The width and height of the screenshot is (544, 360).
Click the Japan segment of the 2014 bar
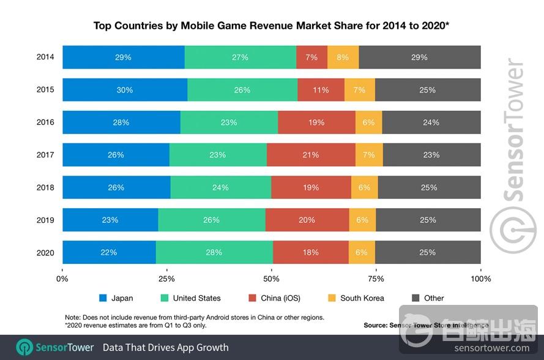coord(123,57)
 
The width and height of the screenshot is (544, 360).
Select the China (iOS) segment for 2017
coord(311,155)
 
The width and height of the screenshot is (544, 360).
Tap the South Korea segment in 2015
coord(360,90)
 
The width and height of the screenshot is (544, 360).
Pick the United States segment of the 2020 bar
coord(214,252)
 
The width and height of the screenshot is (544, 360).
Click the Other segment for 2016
coord(431,122)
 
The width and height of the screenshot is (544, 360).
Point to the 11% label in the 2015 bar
coord(321,90)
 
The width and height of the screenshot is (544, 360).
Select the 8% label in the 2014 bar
coord(343,57)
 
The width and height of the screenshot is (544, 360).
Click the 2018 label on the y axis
coord(45,187)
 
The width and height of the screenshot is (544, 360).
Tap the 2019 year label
coord(45,220)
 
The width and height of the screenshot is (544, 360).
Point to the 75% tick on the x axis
coord(376,279)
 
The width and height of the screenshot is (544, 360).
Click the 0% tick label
coord(62,279)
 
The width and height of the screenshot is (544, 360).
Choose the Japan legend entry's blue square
coord(103,298)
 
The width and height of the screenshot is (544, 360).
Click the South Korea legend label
coord(362,298)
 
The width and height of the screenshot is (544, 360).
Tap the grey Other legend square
coord(415,298)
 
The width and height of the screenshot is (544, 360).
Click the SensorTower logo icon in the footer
coord(24,347)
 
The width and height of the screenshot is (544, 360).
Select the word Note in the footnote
coord(73,317)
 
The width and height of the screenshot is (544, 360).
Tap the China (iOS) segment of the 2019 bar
coord(307,220)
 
